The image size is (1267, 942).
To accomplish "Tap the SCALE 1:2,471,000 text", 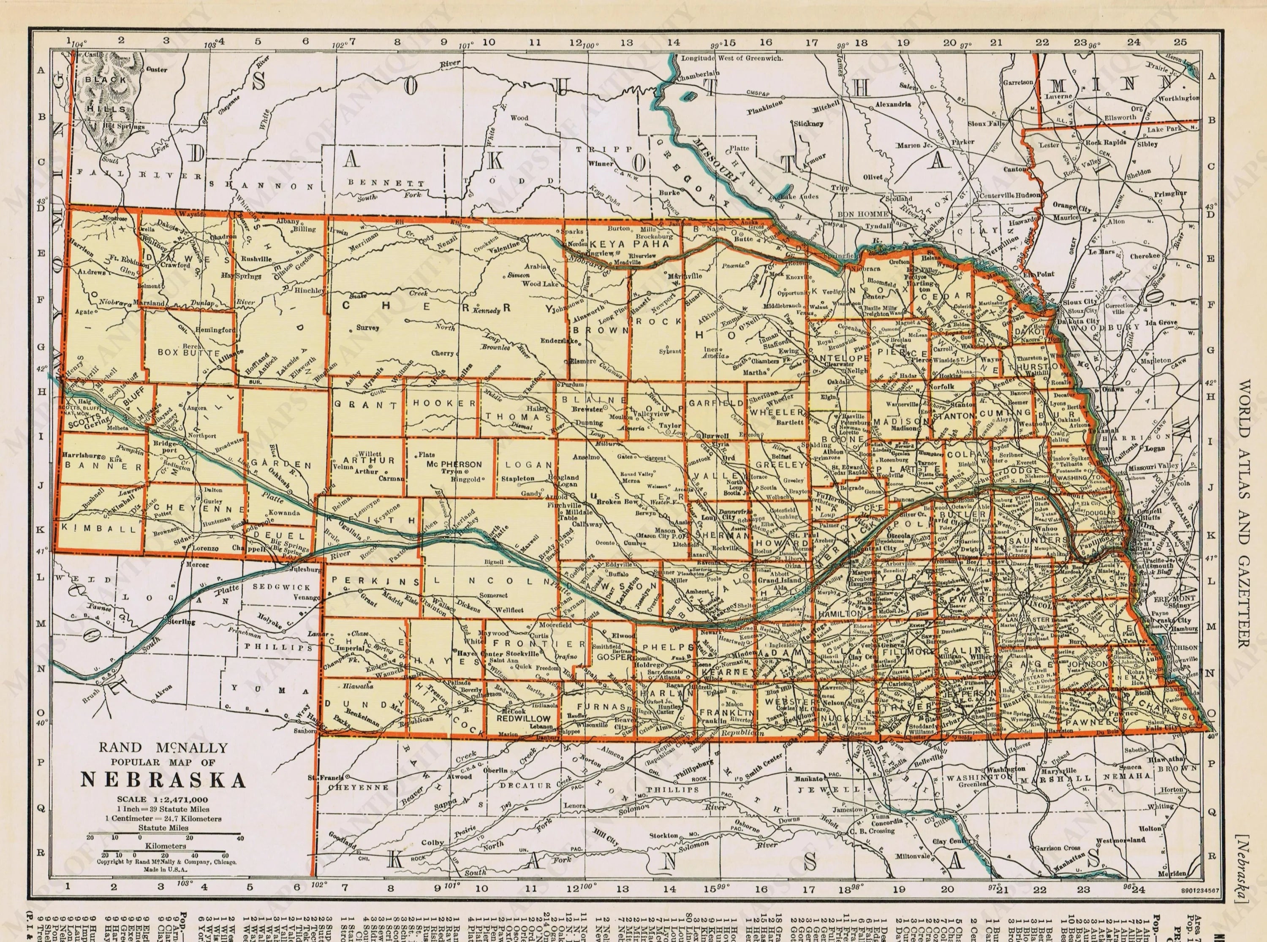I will click(163, 799).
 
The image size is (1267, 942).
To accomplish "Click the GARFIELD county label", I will click(715, 403).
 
